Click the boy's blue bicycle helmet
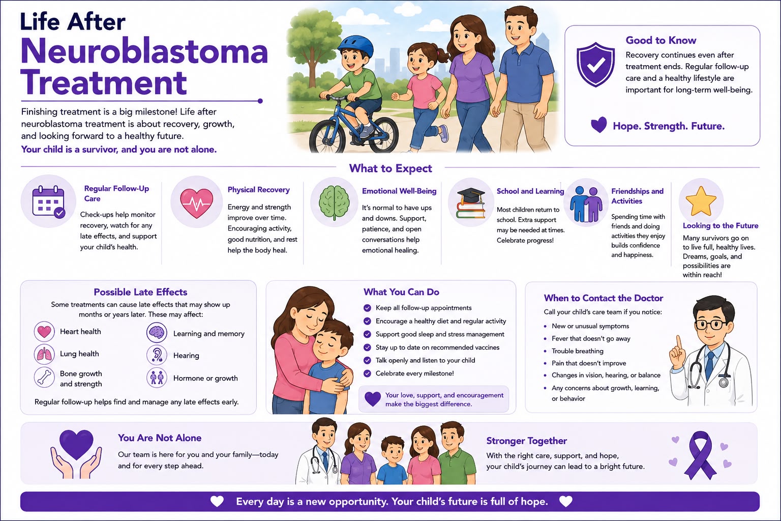tap(355, 47)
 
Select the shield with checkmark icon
tap(595, 64)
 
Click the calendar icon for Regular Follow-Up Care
tap(48, 201)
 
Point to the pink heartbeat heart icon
tap(197, 203)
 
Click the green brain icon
tap(335, 202)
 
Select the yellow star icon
tap(701, 201)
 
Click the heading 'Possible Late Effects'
tap(140, 292)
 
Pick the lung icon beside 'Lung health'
tap(44, 354)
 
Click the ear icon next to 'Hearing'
tap(157, 355)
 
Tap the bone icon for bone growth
tap(44, 377)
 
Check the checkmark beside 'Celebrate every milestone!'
tap(367, 374)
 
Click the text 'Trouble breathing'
tap(578, 351)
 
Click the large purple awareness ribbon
tap(700, 455)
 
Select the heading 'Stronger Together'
tap(526, 441)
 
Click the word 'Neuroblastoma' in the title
tap(144, 52)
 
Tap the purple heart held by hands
tap(76, 444)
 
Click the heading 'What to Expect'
tap(390, 168)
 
